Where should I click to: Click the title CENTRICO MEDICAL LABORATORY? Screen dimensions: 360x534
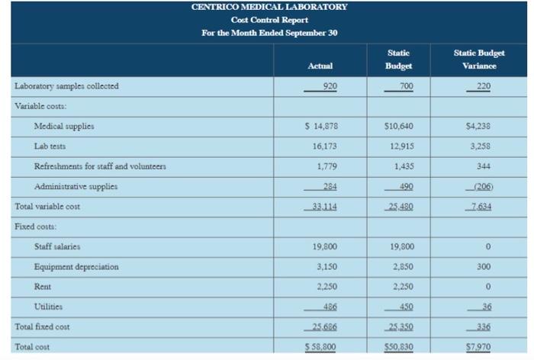(x=269, y=7)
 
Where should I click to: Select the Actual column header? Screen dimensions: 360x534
(x=320, y=66)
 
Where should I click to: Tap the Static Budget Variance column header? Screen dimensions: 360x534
(x=478, y=59)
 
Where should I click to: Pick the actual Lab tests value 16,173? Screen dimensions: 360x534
(x=323, y=146)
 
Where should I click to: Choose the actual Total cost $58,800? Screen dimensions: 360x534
(x=321, y=347)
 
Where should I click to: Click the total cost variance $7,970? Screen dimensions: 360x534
(x=478, y=347)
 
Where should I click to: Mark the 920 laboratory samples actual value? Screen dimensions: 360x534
(x=329, y=86)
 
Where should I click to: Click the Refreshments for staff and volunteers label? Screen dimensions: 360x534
(x=100, y=166)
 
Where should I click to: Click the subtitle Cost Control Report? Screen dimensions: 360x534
(x=269, y=20)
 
